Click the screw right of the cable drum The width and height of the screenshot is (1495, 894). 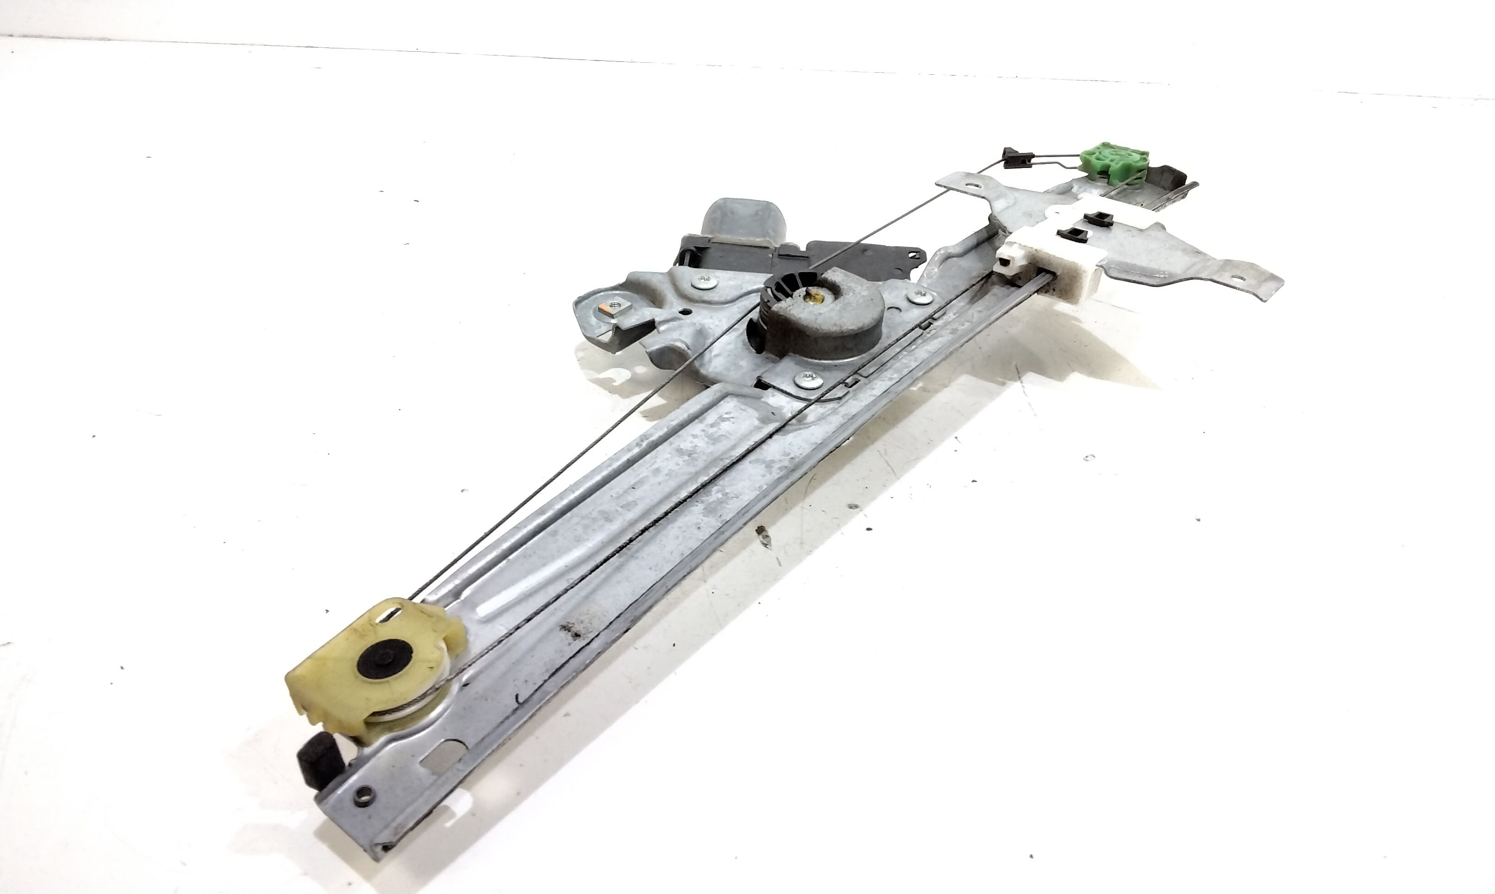point(918,295)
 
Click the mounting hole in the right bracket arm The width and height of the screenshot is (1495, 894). point(1233,279)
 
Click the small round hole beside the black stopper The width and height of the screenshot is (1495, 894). point(363,794)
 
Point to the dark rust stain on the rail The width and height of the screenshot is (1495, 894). point(572,630)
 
